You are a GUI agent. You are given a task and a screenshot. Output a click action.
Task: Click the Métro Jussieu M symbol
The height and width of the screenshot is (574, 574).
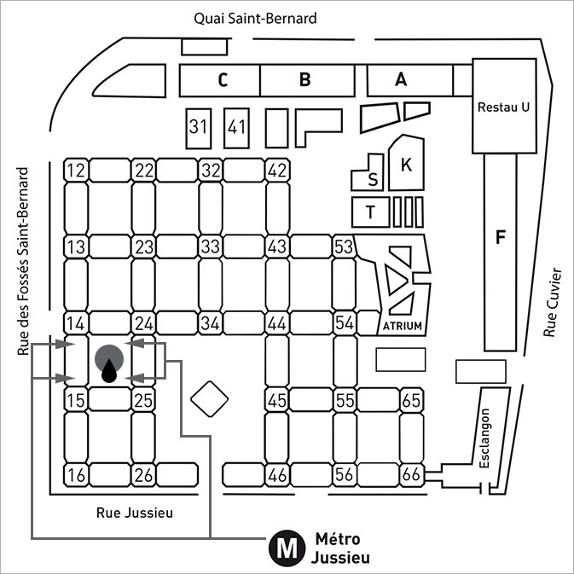click(x=287, y=548)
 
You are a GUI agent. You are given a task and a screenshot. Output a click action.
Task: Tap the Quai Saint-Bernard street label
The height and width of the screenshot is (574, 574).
click(x=255, y=18)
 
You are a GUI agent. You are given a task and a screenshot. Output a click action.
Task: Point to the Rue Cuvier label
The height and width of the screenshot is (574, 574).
click(x=553, y=302)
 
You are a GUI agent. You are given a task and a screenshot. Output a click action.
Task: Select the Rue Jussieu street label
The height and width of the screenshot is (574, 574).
click(x=135, y=513)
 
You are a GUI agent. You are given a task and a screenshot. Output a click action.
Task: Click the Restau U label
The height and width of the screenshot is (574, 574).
click(x=503, y=107)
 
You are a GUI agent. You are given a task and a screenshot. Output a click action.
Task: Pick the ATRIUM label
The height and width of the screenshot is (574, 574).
click(x=403, y=326)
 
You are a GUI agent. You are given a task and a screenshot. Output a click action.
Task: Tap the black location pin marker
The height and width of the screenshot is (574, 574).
click(x=109, y=371)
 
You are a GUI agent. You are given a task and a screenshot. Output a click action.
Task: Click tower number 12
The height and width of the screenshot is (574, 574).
click(x=76, y=171)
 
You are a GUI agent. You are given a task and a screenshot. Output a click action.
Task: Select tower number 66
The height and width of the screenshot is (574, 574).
click(x=411, y=475)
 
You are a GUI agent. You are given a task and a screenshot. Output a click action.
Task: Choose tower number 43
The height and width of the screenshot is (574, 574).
click(x=277, y=246)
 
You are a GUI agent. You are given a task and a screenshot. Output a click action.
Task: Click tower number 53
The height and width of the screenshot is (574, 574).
click(x=344, y=246)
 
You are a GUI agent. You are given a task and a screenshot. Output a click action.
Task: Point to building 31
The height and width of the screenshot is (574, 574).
click(x=199, y=128)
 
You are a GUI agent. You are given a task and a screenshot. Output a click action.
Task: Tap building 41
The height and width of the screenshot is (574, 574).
click(x=236, y=128)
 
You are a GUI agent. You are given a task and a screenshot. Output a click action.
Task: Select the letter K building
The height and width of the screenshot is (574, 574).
click(x=406, y=163)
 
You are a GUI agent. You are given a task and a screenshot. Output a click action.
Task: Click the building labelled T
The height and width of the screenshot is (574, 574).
click(x=370, y=212)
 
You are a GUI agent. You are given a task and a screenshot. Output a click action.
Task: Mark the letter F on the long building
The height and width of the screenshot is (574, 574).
click(x=501, y=236)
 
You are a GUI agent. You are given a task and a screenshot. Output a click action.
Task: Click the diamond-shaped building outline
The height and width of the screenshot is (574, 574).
click(x=210, y=399)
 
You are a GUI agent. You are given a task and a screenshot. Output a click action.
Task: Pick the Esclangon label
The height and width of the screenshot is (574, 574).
click(x=484, y=438)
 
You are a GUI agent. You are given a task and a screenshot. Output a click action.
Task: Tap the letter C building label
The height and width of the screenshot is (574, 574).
click(x=223, y=80)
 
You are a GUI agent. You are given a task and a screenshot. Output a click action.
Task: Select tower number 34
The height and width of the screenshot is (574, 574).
click(x=211, y=323)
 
